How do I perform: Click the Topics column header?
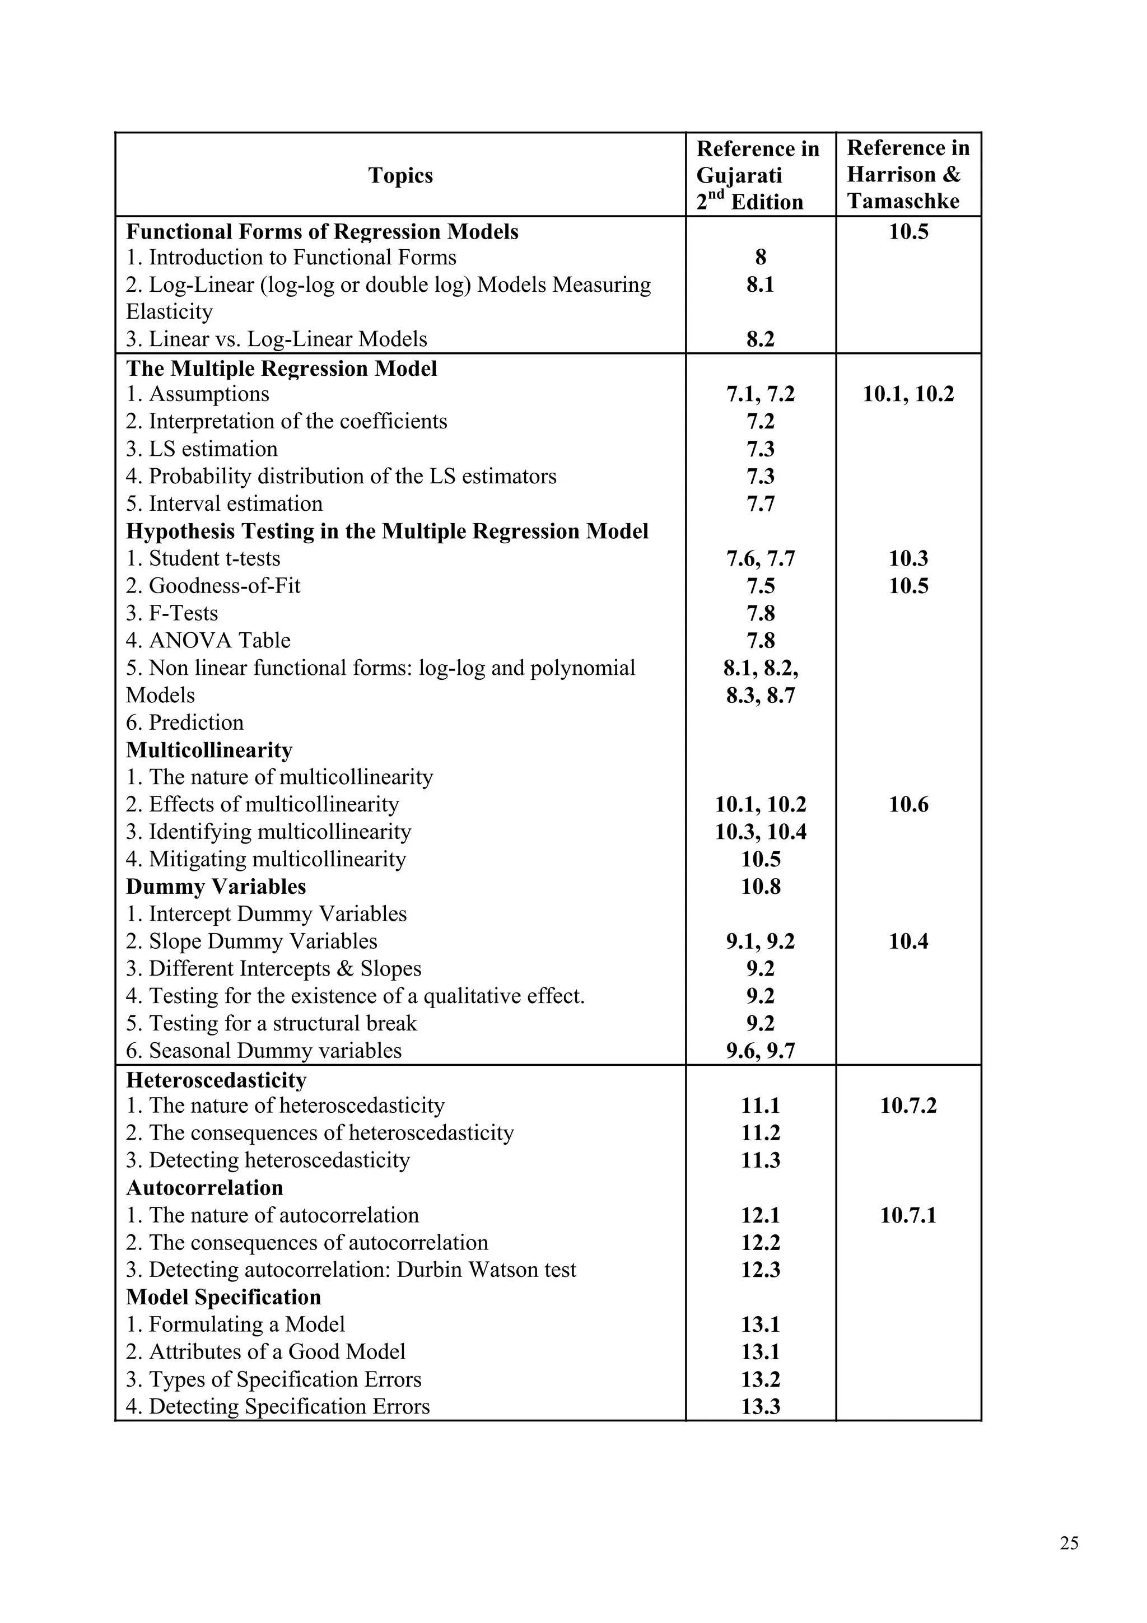pyautogui.click(x=400, y=175)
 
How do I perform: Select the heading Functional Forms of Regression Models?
pyautogui.click(x=322, y=232)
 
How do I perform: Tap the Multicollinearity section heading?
pyautogui.click(x=209, y=750)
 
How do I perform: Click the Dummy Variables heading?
pyautogui.click(x=216, y=887)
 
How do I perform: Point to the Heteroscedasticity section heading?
pyautogui.click(x=216, y=1081)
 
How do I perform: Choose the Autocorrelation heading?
pyautogui.click(x=204, y=1187)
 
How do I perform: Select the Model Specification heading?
pyautogui.click(x=223, y=1297)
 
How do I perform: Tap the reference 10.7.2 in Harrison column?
pyautogui.click(x=908, y=1106)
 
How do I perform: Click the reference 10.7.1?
pyautogui.click(x=908, y=1215)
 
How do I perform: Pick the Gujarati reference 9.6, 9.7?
pyautogui.click(x=761, y=1051)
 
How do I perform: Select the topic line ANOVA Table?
pyautogui.click(x=208, y=641)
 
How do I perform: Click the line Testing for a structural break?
pyautogui.click(x=272, y=1024)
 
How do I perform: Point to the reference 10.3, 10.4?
pyautogui.click(x=761, y=832)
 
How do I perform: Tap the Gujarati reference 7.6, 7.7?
pyautogui.click(x=761, y=559)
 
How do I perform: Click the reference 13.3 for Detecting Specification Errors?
pyautogui.click(x=761, y=1407)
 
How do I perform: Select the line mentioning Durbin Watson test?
pyautogui.click(x=351, y=1270)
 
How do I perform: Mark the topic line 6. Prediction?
pyautogui.click(x=185, y=722)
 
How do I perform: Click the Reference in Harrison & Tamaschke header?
pyautogui.click(x=908, y=175)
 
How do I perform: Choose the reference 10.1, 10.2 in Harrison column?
pyautogui.click(x=908, y=394)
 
